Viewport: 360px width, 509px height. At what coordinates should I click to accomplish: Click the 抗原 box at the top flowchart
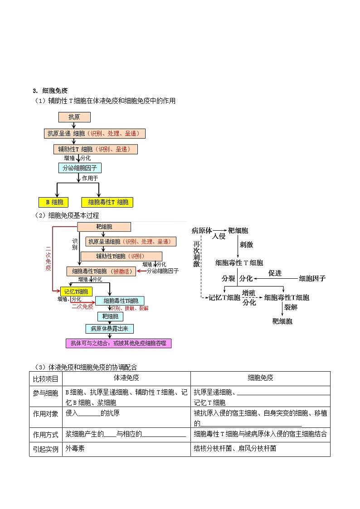click(74, 117)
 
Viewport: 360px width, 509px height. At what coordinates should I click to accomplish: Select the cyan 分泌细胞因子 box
click(80, 168)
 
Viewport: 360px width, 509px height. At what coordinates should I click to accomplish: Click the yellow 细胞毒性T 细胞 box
click(108, 202)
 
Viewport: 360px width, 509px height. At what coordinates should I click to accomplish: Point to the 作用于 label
click(90, 178)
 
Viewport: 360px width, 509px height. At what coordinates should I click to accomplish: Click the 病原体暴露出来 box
click(109, 329)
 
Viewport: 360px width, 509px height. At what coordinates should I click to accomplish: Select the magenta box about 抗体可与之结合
click(119, 343)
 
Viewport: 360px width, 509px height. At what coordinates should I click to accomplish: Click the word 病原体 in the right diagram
click(202, 230)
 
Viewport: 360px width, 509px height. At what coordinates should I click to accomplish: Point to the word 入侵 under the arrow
click(219, 237)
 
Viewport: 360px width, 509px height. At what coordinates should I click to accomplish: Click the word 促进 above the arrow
click(275, 273)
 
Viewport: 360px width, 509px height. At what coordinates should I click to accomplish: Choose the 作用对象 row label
click(46, 414)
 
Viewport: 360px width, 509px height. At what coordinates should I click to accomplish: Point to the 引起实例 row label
click(46, 448)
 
